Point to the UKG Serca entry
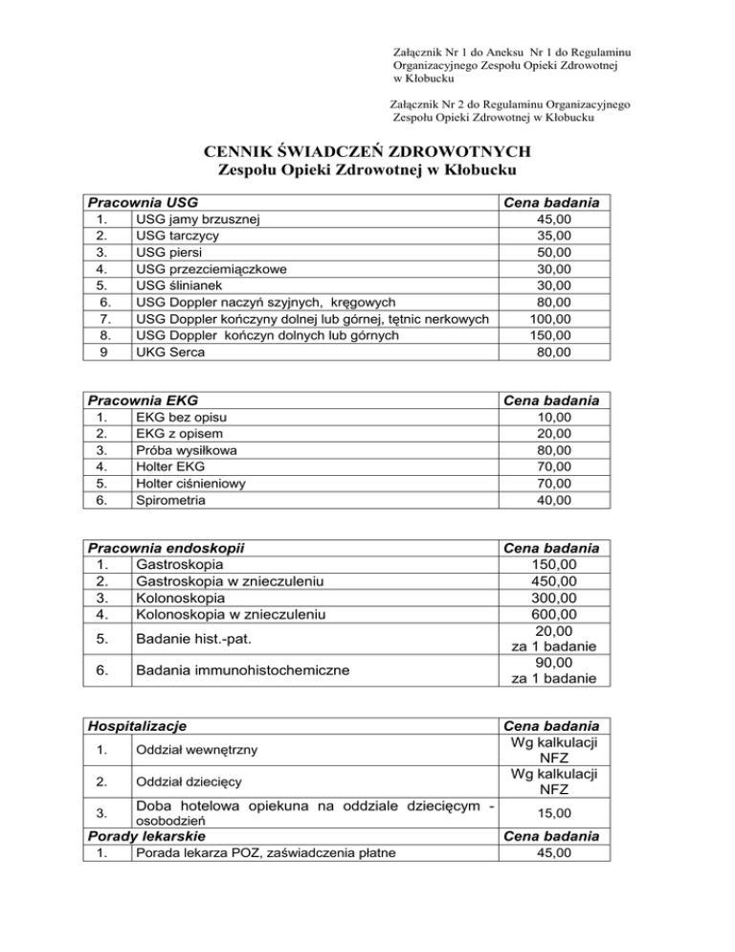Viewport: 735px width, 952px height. click(171, 351)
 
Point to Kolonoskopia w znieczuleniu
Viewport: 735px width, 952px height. click(231, 613)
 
